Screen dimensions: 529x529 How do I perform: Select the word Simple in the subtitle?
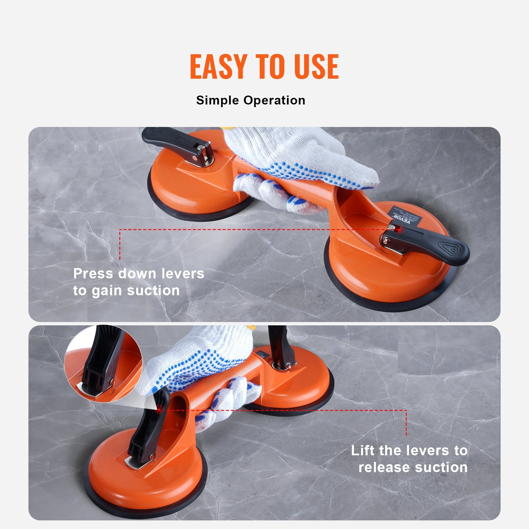pyautogui.click(x=218, y=100)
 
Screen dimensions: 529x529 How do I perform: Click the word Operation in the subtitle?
pyautogui.click(x=274, y=100)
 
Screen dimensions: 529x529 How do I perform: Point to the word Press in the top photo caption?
pyautogui.click(x=93, y=273)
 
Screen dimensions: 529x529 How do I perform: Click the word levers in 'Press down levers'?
pyautogui.click(x=183, y=273)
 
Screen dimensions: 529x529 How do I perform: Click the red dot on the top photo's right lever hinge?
pyautogui.click(x=399, y=229)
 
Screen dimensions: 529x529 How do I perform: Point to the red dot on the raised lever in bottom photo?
pyautogui.click(x=159, y=410)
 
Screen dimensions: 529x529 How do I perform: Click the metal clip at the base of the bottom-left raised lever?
pyautogui.click(x=139, y=461)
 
